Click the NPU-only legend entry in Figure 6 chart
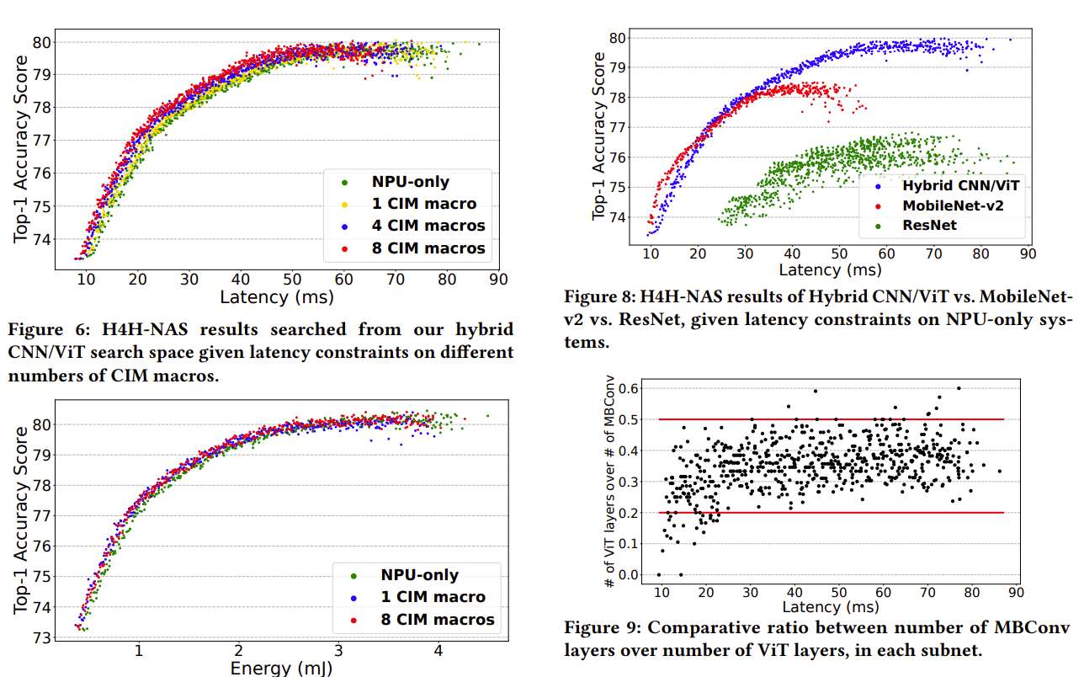(x=410, y=182)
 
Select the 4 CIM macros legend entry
(x=428, y=226)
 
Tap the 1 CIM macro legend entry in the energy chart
(x=433, y=597)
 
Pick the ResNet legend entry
(x=929, y=226)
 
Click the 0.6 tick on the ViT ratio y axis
(x=630, y=388)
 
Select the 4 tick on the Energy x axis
(x=438, y=651)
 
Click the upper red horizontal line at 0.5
(x=832, y=419)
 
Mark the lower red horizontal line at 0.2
(x=832, y=512)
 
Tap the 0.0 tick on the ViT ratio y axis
(x=630, y=575)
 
